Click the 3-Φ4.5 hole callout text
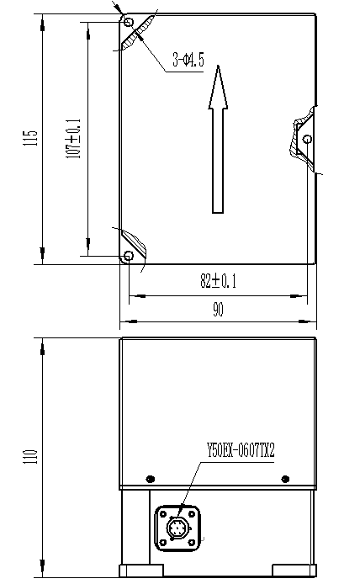188,60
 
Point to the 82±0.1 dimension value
218,282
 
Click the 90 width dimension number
218,310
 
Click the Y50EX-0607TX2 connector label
241,449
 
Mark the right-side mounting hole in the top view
307,139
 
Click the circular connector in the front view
178,528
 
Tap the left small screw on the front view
150,477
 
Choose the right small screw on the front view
284,477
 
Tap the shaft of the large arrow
218,160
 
